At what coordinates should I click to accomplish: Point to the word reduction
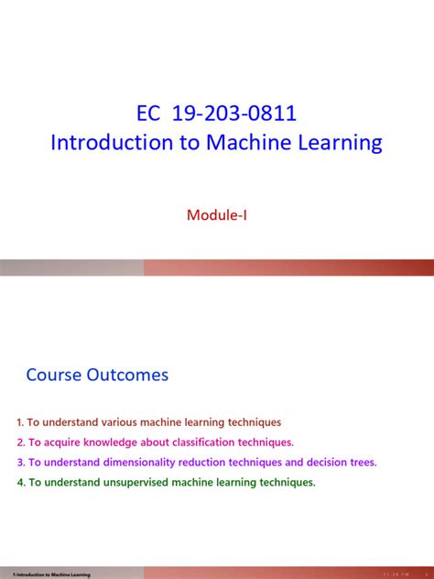[201, 463]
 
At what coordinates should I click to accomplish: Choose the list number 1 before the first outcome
[19, 422]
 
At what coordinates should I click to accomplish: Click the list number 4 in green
[19, 483]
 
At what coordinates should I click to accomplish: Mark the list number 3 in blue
[19, 463]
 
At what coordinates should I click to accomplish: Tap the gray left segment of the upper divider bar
[71, 268]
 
